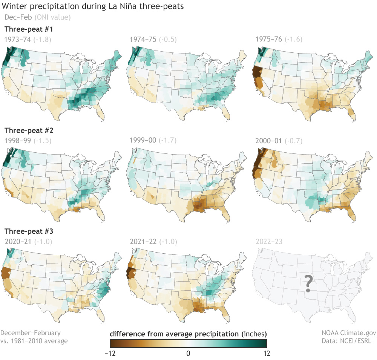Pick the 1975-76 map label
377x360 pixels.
coord(269,39)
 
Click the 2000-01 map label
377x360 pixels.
coord(269,140)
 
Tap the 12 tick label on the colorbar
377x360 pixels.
coord(267,353)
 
